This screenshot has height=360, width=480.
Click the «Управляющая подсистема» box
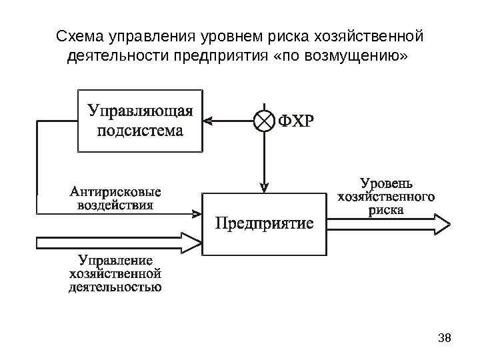[x=140, y=121]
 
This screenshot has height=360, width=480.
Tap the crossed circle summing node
[x=265, y=121]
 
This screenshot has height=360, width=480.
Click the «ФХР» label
[x=294, y=121]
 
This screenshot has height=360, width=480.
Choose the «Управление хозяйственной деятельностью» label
[x=116, y=274]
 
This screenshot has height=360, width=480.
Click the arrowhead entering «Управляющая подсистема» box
[x=207, y=121]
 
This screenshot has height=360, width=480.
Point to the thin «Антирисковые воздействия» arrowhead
[x=197, y=213]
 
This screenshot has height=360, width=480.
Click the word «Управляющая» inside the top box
[x=140, y=110]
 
